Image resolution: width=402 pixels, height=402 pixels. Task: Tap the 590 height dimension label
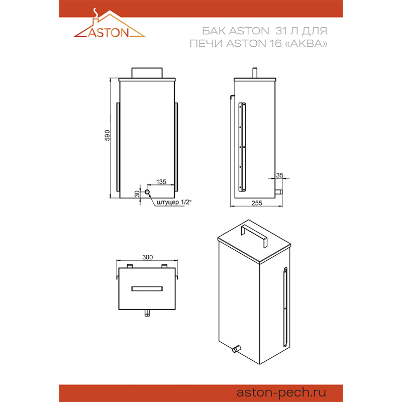point(107,135)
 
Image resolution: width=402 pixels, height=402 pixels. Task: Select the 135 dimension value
point(161,181)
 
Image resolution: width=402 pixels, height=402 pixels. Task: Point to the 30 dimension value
point(137,194)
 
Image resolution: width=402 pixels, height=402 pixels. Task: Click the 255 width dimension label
point(257,203)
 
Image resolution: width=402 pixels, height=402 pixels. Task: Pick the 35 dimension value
point(279,175)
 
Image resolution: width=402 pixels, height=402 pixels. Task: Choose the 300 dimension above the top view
point(147,257)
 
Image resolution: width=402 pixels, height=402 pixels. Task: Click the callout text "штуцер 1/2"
point(174,203)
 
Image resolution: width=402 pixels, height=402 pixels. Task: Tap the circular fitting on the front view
point(147,192)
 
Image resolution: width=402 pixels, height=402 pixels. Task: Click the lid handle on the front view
point(147,73)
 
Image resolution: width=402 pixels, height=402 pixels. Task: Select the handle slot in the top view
point(147,288)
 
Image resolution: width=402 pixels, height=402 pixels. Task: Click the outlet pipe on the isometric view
point(236,349)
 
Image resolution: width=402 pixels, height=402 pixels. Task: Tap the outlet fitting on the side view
point(279,192)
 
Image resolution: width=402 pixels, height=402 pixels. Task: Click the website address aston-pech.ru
point(281,392)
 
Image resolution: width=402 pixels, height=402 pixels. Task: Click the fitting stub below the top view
point(147,313)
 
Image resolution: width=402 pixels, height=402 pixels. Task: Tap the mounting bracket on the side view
point(242,147)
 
